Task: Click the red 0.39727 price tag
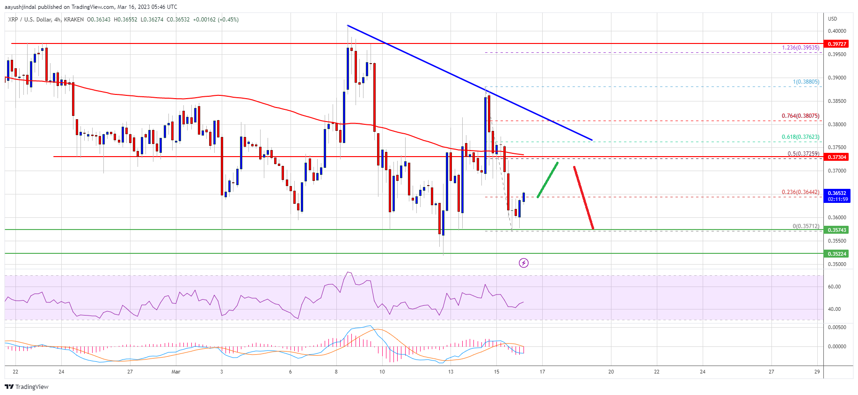coord(837,44)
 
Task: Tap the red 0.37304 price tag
coord(837,157)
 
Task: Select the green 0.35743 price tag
coord(837,230)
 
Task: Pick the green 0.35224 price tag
coord(837,254)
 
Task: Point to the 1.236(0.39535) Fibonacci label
coord(800,48)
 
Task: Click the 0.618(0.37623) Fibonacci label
coord(800,137)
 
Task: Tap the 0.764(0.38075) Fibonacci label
coord(800,116)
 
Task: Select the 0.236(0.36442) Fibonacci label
coord(800,192)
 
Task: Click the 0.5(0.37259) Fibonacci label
coord(803,154)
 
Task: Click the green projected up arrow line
coord(548,180)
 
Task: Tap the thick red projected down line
coord(584,198)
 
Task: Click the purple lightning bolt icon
coord(524,263)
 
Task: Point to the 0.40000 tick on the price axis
coord(837,31)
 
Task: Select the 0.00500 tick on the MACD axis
coord(837,327)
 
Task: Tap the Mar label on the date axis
coord(176,372)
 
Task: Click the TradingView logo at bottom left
coord(27,387)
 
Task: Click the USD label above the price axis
coord(832,19)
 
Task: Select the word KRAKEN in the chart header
coord(74,20)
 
